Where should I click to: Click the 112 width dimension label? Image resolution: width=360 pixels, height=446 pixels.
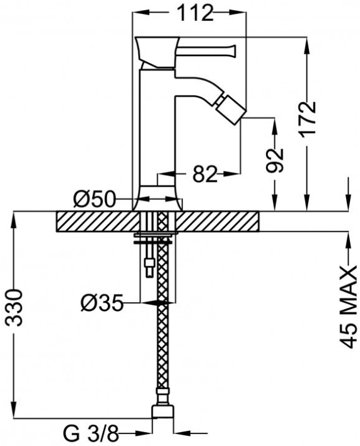pyautogui.click(x=195, y=13)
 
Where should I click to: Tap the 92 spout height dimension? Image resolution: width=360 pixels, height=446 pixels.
pyautogui.click(x=275, y=160)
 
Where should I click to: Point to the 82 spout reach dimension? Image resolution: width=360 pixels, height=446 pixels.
pyautogui.click(x=205, y=174)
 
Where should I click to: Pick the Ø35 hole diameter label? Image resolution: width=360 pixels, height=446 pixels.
pyautogui.click(x=102, y=303)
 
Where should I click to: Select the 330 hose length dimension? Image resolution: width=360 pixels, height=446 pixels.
pyautogui.click(x=14, y=308)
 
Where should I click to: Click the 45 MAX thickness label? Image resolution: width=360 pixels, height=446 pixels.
pyautogui.click(x=348, y=307)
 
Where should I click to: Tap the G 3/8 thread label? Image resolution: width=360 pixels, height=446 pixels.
pyautogui.click(x=91, y=434)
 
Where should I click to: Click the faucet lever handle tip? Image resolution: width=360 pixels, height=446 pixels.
pyautogui.click(x=234, y=50)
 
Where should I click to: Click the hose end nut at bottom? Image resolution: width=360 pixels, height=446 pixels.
pyautogui.click(x=162, y=412)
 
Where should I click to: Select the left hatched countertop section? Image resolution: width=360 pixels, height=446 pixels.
pyautogui.click(x=98, y=221)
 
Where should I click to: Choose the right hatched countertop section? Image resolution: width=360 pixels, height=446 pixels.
pyautogui.click(x=217, y=221)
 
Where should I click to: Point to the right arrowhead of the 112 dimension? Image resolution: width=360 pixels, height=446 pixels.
pyautogui.click(x=238, y=13)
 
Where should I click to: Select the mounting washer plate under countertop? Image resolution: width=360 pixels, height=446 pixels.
pyautogui.click(x=156, y=235)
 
